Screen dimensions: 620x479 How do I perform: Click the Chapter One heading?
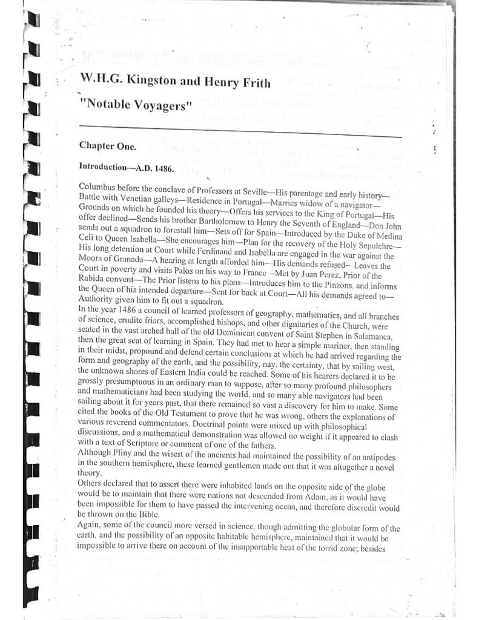(108, 146)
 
